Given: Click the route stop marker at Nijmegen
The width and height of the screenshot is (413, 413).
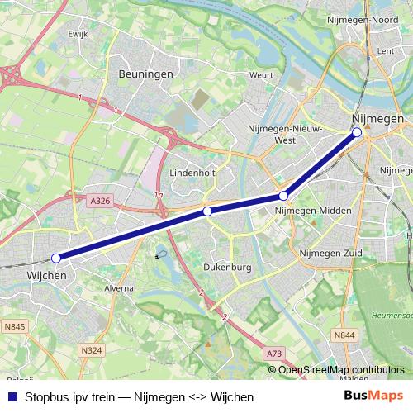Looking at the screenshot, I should (x=357, y=132).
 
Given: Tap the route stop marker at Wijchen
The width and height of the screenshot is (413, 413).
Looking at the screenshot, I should (x=55, y=258).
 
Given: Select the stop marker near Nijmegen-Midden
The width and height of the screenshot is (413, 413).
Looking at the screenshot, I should (x=283, y=196).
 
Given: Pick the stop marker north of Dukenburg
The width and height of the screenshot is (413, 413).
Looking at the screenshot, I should (x=207, y=212).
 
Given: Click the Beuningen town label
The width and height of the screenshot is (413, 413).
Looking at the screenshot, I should (x=145, y=74).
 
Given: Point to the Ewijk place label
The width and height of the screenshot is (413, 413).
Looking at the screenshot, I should (x=78, y=34).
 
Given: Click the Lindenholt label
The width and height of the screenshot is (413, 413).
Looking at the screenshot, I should (x=192, y=173).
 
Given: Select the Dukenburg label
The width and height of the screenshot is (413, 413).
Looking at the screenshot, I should (x=226, y=268).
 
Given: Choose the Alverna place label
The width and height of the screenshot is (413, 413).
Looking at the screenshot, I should (x=118, y=288).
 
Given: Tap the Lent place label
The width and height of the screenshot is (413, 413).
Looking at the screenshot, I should (x=385, y=51).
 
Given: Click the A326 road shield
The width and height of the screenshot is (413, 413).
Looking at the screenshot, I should (x=100, y=201).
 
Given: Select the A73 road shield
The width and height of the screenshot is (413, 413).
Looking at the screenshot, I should (x=273, y=354).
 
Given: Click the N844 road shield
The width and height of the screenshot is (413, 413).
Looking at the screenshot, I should (x=344, y=335).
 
